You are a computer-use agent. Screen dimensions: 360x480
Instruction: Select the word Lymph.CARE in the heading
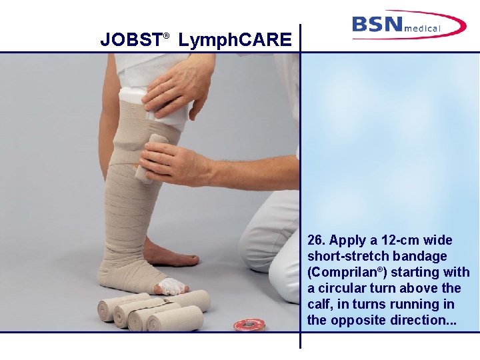click(235, 41)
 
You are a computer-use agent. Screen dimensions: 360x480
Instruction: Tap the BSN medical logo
click(409, 25)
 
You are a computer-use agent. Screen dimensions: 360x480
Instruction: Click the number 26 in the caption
click(315, 241)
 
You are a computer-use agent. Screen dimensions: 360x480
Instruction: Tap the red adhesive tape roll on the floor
click(249, 325)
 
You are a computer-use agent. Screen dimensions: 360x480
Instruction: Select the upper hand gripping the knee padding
click(177, 87)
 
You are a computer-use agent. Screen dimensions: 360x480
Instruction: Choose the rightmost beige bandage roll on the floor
click(177, 319)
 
